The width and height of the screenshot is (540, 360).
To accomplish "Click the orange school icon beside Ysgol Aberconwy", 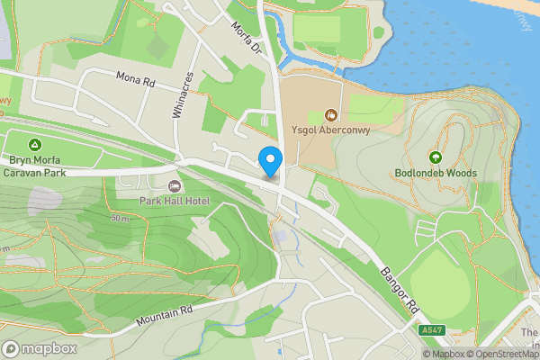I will (330, 114).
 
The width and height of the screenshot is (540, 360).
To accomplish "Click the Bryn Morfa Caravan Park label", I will (36, 165).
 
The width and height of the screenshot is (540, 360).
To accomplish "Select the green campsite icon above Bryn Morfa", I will (34, 144).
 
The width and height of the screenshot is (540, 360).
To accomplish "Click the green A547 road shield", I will (432, 331).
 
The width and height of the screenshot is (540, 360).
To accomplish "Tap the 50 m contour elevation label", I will (121, 219).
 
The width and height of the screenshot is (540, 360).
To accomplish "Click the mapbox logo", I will (40, 348).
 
